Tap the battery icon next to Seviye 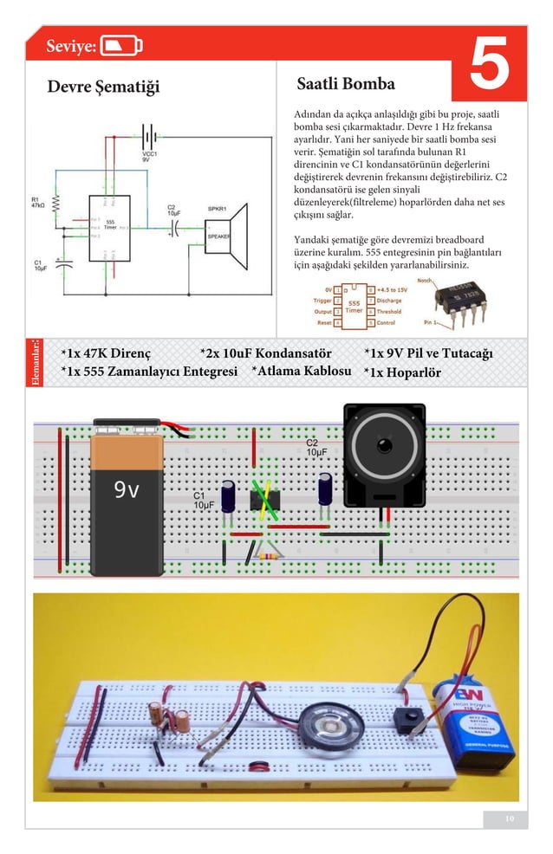[x=121, y=46]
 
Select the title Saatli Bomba [x=345, y=84]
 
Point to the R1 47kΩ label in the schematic [x=39, y=204]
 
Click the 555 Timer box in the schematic [x=110, y=227]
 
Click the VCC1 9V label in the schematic [x=149, y=157]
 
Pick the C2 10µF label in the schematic [x=174, y=210]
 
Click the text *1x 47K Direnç [x=106, y=354]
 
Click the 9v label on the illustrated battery [x=127, y=491]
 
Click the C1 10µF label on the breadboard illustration [x=203, y=500]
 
